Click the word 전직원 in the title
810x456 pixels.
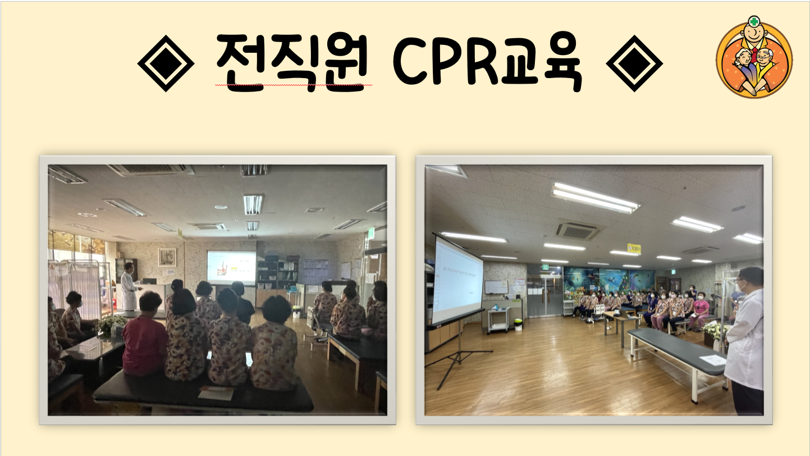(x=292, y=62)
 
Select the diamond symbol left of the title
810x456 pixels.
(x=166, y=63)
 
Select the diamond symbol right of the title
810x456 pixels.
(x=634, y=63)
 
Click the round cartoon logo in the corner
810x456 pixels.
(x=754, y=57)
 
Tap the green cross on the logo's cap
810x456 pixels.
(x=754, y=22)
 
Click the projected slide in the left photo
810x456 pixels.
(x=231, y=268)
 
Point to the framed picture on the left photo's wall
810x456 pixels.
(x=167, y=257)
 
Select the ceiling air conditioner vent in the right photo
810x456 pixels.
(x=577, y=231)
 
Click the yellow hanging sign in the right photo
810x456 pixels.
(x=634, y=249)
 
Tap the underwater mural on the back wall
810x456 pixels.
(x=609, y=280)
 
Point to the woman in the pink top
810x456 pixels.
(x=700, y=311)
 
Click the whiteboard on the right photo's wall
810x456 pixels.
(x=496, y=288)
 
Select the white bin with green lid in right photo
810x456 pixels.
(x=518, y=324)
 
